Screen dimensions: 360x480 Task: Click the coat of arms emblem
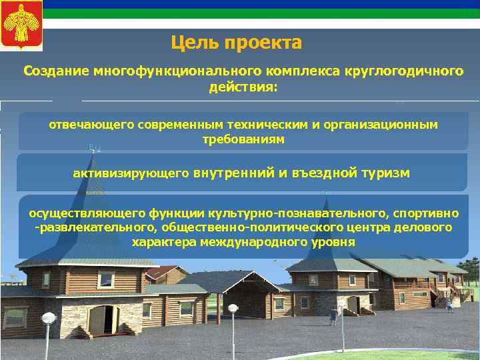click(21, 26)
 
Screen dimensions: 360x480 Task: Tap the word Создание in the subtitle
click(57, 71)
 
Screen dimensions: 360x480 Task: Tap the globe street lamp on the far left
click(48, 319)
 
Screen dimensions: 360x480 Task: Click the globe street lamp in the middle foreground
click(233, 309)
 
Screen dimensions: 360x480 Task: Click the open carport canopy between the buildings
click(227, 280)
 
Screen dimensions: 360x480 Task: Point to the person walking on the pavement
click(449, 304)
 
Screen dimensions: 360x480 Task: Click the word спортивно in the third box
click(426, 213)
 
